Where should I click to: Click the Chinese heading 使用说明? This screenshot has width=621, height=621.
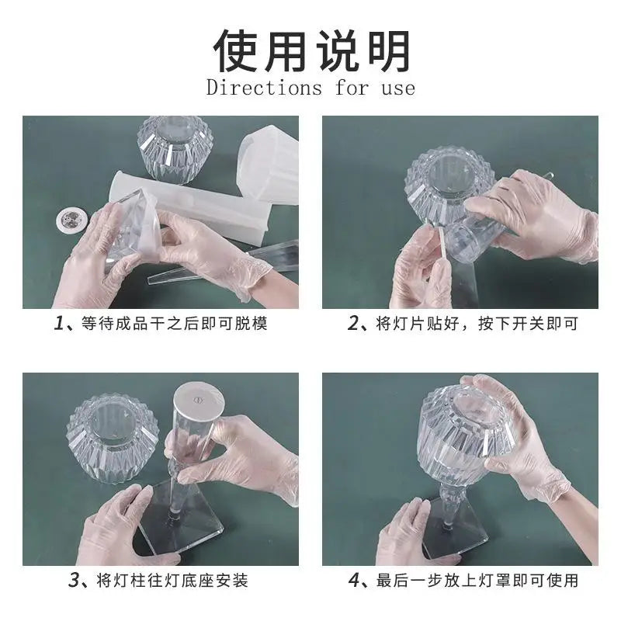311,51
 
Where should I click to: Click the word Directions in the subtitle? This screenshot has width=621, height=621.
264,88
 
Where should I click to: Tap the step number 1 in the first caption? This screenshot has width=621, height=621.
60,324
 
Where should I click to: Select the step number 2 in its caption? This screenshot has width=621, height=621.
353,323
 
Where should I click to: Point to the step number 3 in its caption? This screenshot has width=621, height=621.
74,581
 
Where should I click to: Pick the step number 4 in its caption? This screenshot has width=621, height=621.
354,581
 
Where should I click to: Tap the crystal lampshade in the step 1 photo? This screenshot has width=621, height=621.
175,149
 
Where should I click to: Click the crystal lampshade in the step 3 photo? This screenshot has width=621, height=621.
113,438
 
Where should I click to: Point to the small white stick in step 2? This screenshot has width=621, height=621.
443,245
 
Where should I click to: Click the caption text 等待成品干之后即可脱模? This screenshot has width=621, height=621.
174,324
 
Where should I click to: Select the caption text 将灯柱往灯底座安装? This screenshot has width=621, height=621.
172,581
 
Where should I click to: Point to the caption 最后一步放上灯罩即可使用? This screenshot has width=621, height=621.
477,581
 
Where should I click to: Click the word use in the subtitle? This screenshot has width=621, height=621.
398,88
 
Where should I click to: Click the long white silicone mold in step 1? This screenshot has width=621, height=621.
190,205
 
